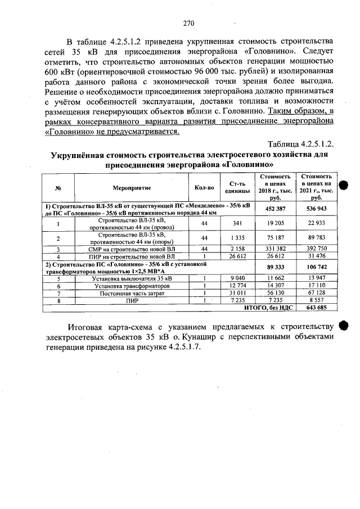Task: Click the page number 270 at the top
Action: coord(188,23)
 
